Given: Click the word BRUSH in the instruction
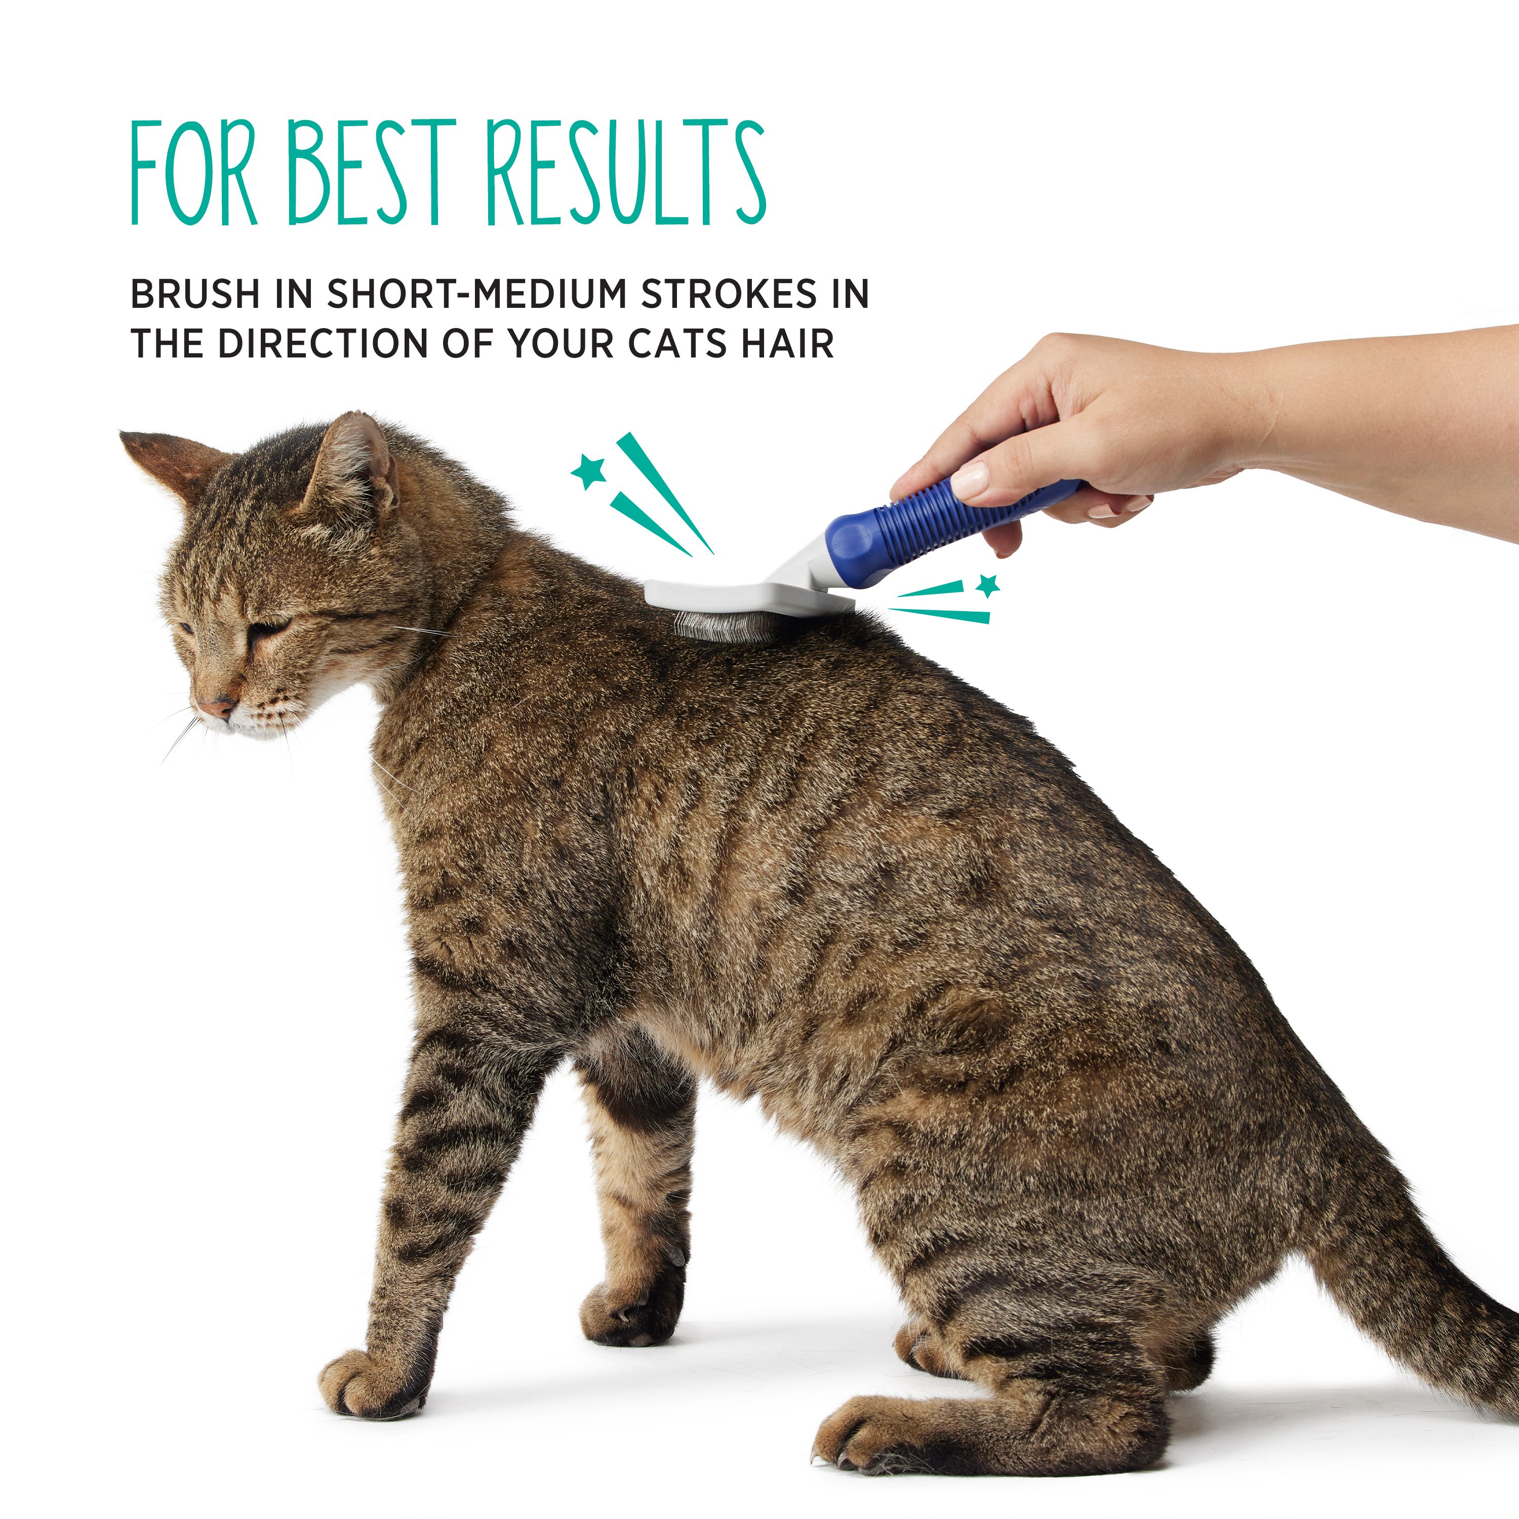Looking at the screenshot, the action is coord(195,294).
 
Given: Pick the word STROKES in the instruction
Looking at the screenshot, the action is coord(730,294).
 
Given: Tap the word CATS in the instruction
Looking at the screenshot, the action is coord(679,344).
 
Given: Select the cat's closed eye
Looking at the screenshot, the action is coord(267,628).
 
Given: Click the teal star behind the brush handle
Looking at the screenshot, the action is coord(987,585).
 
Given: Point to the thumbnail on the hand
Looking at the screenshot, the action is coord(971,479).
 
